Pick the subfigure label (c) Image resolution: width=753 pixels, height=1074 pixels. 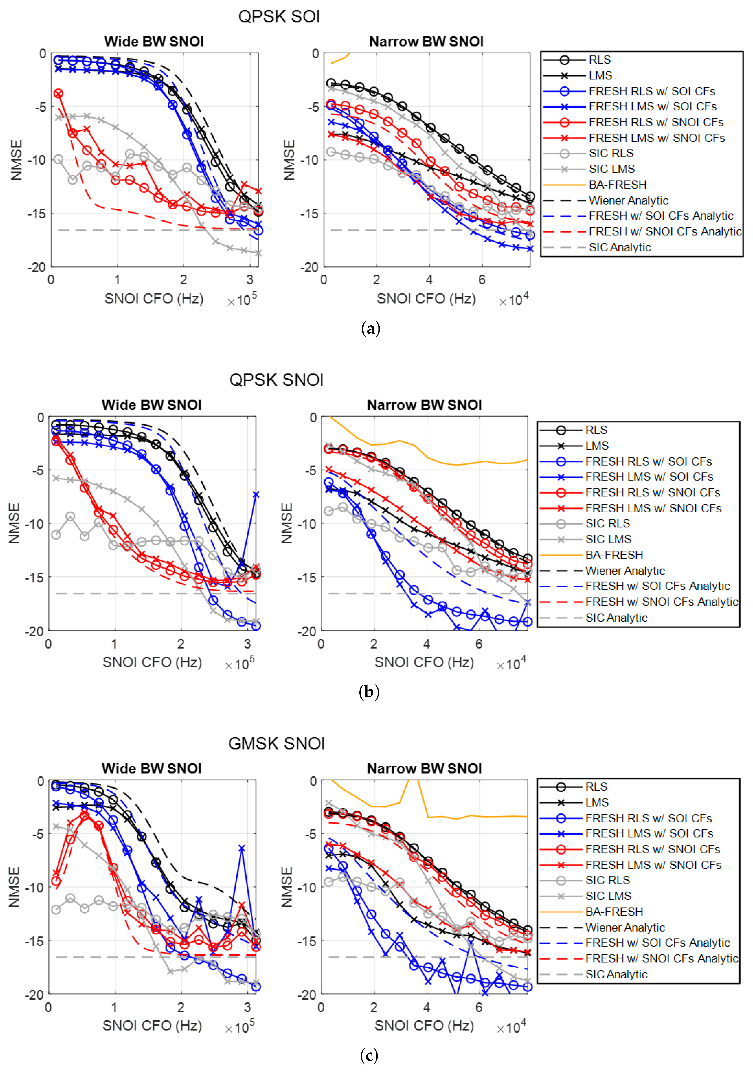coord(369,1055)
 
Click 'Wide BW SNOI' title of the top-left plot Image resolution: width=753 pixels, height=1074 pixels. coord(154,42)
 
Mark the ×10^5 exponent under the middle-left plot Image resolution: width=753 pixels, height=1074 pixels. coord(240,663)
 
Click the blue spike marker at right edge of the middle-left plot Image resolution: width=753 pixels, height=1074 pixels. coord(256,495)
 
